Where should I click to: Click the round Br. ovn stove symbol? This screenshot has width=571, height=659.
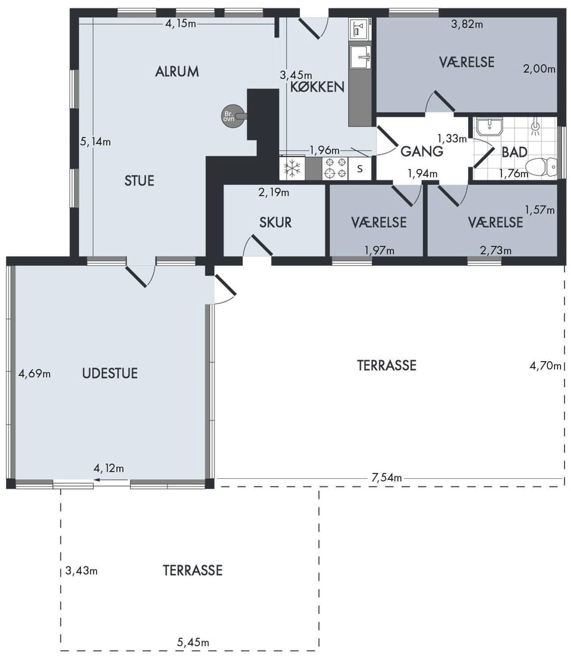point(230,116)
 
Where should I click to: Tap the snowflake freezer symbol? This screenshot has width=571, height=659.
point(293,168)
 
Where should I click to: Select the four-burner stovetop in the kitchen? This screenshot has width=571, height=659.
point(335,168)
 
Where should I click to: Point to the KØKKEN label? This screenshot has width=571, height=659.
point(317,87)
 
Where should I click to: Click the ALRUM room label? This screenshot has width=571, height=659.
point(177,71)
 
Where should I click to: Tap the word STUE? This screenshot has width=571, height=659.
point(140,181)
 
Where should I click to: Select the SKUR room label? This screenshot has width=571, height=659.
point(275,222)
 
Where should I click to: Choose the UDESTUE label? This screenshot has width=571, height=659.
point(109,373)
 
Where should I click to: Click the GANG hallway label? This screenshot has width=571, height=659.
point(422,151)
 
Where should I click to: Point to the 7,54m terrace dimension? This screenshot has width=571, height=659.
point(387,478)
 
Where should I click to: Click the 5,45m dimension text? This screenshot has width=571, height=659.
point(193,642)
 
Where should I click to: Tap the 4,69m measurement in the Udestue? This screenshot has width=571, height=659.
point(34,373)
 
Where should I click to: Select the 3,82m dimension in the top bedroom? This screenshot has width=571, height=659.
point(467,24)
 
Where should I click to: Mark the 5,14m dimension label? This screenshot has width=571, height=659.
point(95,142)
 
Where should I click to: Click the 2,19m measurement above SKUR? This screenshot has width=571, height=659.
point(274,193)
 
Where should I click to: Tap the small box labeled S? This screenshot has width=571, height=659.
point(360,168)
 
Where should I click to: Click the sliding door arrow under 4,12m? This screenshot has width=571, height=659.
point(111,479)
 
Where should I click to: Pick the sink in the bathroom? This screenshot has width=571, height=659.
point(489,127)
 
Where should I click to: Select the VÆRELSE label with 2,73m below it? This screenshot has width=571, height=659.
point(496,222)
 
